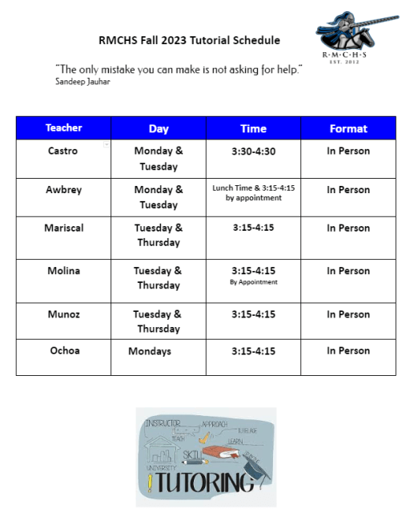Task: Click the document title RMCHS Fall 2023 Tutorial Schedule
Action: [189, 40]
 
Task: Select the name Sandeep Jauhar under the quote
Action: [83, 81]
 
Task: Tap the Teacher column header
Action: [64, 128]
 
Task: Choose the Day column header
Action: [159, 128]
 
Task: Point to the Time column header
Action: [253, 128]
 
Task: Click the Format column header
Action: [348, 128]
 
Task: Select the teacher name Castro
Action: [63, 151]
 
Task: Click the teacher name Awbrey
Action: [64, 190]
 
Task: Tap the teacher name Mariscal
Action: [64, 228]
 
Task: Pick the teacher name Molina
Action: [64, 271]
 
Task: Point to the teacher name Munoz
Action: [64, 314]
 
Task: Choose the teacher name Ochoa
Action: [64, 351]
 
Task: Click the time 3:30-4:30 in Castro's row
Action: [253, 151]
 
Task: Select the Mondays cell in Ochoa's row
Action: [150, 351]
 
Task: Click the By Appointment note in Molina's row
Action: [253, 282]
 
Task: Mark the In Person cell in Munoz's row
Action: [348, 314]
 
